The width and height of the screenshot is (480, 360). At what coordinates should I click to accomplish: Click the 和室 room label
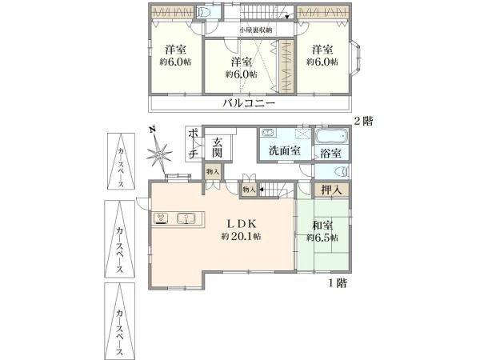[322, 226]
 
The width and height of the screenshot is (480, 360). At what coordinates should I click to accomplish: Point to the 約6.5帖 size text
[322, 238]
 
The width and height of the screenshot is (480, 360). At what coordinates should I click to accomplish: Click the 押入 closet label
[332, 190]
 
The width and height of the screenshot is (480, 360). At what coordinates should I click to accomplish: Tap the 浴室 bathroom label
[330, 152]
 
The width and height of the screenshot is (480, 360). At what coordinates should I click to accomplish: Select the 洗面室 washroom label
[284, 151]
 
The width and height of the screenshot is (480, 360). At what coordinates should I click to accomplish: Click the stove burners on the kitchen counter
[160, 217]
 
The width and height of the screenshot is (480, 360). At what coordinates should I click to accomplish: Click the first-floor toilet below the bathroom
[336, 170]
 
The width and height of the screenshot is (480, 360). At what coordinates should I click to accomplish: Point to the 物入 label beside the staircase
[249, 190]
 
